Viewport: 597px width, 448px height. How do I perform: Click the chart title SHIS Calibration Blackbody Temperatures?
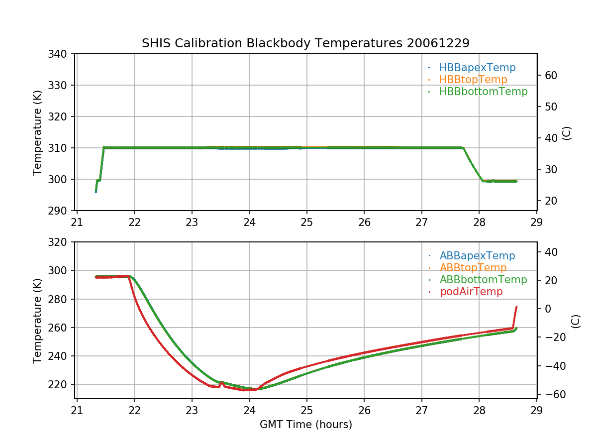tap(305, 43)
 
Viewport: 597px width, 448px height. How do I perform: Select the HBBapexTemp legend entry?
tap(477, 68)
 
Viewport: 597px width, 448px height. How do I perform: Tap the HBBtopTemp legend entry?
tap(473, 80)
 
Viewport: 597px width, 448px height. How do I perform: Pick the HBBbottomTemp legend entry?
tap(483, 92)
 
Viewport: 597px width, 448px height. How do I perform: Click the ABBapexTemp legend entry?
tap(477, 256)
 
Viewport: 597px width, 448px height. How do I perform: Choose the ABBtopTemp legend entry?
tap(473, 268)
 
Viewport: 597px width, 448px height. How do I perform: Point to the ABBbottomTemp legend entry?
tap(483, 280)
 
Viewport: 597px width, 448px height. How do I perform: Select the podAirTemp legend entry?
tap(471, 292)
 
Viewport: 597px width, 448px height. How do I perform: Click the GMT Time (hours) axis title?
tap(305, 425)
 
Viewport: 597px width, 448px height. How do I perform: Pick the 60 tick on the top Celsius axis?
tap(549, 75)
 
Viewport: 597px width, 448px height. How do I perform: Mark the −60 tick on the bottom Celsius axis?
tap(551, 395)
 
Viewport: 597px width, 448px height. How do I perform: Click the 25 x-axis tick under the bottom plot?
tap(306, 409)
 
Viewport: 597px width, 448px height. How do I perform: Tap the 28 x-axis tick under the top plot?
tap(479, 222)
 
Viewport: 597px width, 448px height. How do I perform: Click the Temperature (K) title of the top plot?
tap(37, 132)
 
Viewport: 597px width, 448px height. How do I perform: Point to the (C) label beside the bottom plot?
tap(576, 321)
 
